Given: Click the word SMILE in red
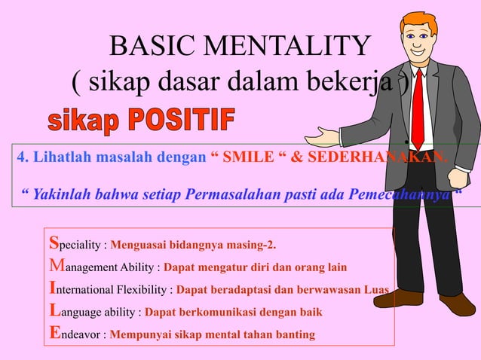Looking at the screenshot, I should [x=251, y=158].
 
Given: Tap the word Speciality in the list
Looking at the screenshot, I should [x=75, y=244].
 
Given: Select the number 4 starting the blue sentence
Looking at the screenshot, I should [x=20, y=158].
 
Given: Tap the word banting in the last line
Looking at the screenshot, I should [x=295, y=334].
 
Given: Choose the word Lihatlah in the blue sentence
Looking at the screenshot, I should [x=52, y=158].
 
